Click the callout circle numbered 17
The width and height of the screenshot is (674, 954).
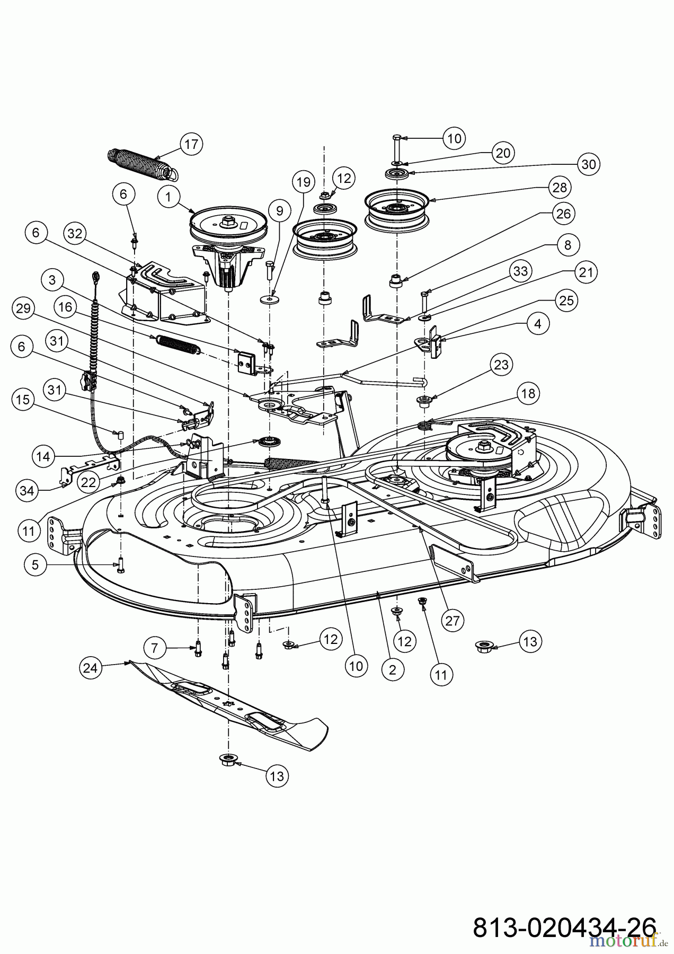point(191,144)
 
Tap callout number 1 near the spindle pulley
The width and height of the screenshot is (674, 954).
point(168,197)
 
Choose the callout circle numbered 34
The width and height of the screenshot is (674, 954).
point(28,491)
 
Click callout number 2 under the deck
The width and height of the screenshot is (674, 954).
point(392,669)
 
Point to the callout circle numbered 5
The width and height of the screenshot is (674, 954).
point(35,565)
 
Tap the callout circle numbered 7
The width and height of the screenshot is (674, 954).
point(155,647)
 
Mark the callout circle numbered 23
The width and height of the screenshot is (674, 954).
point(501,365)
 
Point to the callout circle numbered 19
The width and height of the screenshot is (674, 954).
point(303,183)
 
